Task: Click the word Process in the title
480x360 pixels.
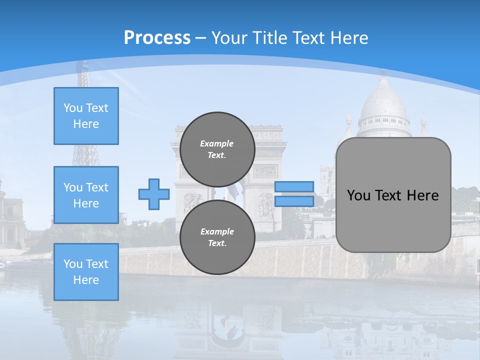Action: (x=157, y=37)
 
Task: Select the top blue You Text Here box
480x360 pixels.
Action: (x=86, y=116)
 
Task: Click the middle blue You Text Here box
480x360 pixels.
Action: (x=86, y=195)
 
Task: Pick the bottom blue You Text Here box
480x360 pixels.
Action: (x=86, y=272)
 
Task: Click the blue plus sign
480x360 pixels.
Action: (x=153, y=194)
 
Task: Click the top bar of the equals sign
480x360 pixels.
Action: (x=294, y=187)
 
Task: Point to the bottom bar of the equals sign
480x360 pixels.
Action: (x=294, y=201)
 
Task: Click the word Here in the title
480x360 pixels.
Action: (x=350, y=37)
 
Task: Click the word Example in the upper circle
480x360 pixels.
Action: (x=216, y=143)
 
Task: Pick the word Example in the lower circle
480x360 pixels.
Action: (x=217, y=231)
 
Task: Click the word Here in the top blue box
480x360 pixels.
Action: (x=86, y=124)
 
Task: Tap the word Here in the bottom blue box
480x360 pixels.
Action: (x=86, y=280)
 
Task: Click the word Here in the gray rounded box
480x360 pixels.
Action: (x=422, y=195)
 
